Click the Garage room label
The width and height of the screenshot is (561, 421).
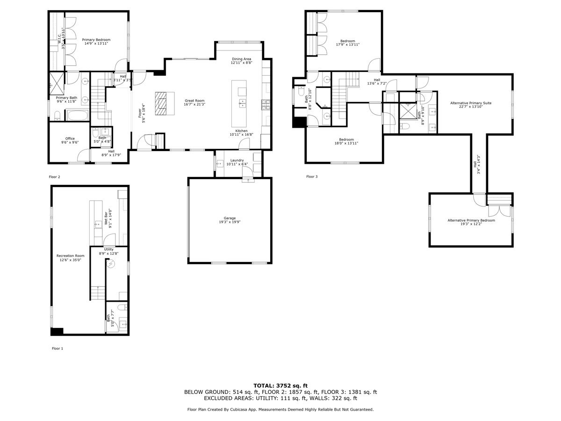[230, 218]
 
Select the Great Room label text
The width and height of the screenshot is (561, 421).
[194, 101]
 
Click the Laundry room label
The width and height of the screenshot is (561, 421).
[235, 160]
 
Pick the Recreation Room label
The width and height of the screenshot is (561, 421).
[70, 255]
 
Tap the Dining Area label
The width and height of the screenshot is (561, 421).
[242, 59]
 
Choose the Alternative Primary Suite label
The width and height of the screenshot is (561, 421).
[471, 103]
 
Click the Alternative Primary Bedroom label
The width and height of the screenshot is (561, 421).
[471, 220]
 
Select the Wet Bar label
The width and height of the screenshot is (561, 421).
[106, 218]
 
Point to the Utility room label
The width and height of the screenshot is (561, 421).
[108, 249]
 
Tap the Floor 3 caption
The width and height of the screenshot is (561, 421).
[312, 177]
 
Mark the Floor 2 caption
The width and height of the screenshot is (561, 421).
[55, 177]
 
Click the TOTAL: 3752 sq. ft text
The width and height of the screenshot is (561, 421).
[280, 385]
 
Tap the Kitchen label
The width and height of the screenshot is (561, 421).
[241, 131]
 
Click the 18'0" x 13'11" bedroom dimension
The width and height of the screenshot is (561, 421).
[346, 144]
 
